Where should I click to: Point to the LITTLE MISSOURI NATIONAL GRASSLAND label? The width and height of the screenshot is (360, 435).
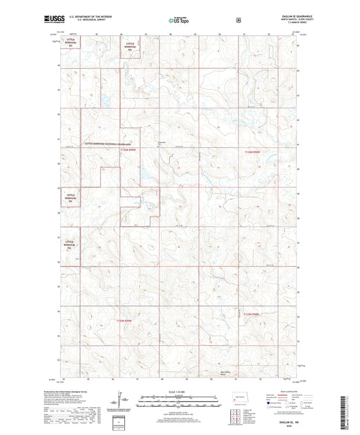click(105, 144)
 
